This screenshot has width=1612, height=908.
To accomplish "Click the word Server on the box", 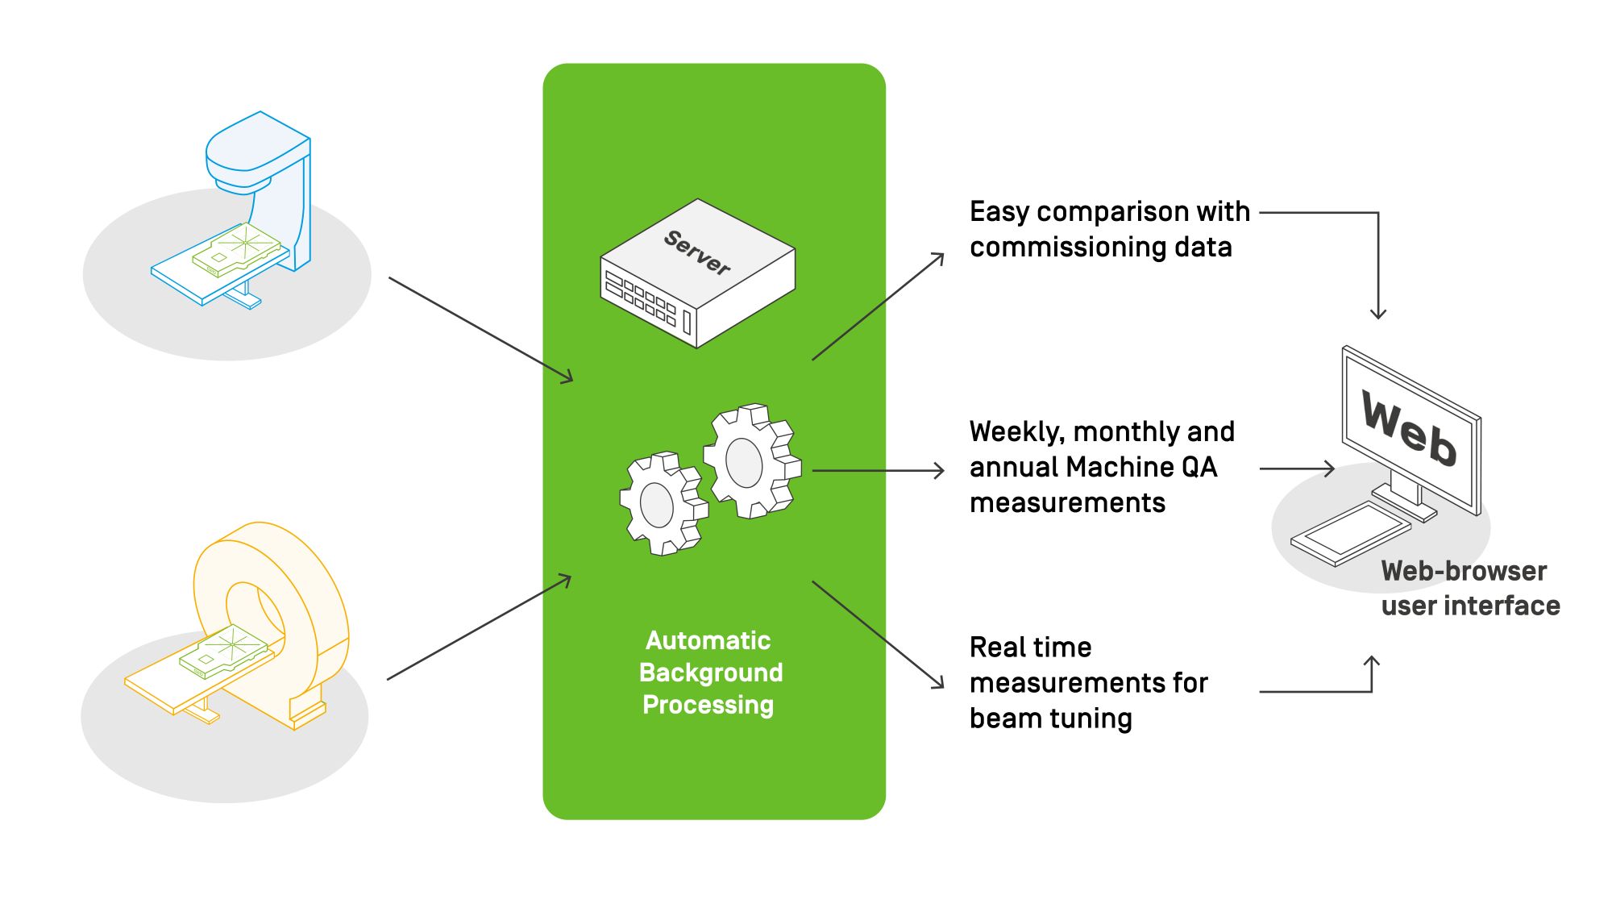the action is point(697,252).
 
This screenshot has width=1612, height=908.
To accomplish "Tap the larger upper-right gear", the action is point(752,460).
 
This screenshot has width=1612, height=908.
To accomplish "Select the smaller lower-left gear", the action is point(663,504).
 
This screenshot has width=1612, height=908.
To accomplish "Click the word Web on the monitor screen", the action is point(1409,428).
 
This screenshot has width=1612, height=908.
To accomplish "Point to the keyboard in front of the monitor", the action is point(1351,534).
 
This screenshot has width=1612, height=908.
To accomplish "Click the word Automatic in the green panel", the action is point(708,640).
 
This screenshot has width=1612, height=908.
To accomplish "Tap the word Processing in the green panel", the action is point(708,705).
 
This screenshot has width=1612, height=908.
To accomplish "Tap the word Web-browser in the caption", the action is point(1464,571).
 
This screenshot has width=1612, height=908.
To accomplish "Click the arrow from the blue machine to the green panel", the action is point(481,330).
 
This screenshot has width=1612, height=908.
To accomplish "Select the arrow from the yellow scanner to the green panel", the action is point(480,627).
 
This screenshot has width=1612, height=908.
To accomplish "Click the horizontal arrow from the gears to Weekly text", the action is point(879,470).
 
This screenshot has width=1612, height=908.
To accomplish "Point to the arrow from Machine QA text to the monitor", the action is point(1298,468).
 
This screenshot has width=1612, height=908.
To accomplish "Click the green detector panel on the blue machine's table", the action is point(238,249).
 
